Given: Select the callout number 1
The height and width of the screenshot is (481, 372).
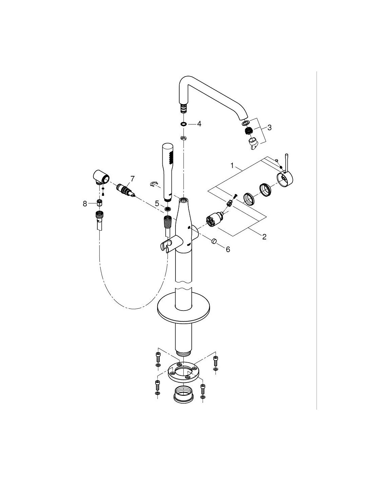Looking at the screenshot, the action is click(232, 165).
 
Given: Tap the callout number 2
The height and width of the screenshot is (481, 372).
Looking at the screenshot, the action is click(264, 237).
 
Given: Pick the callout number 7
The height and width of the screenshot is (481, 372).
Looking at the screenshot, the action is click(132, 179).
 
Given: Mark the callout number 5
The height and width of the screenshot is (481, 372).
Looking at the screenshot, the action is click(157, 203).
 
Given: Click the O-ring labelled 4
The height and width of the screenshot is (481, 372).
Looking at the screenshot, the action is click(183, 124).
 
